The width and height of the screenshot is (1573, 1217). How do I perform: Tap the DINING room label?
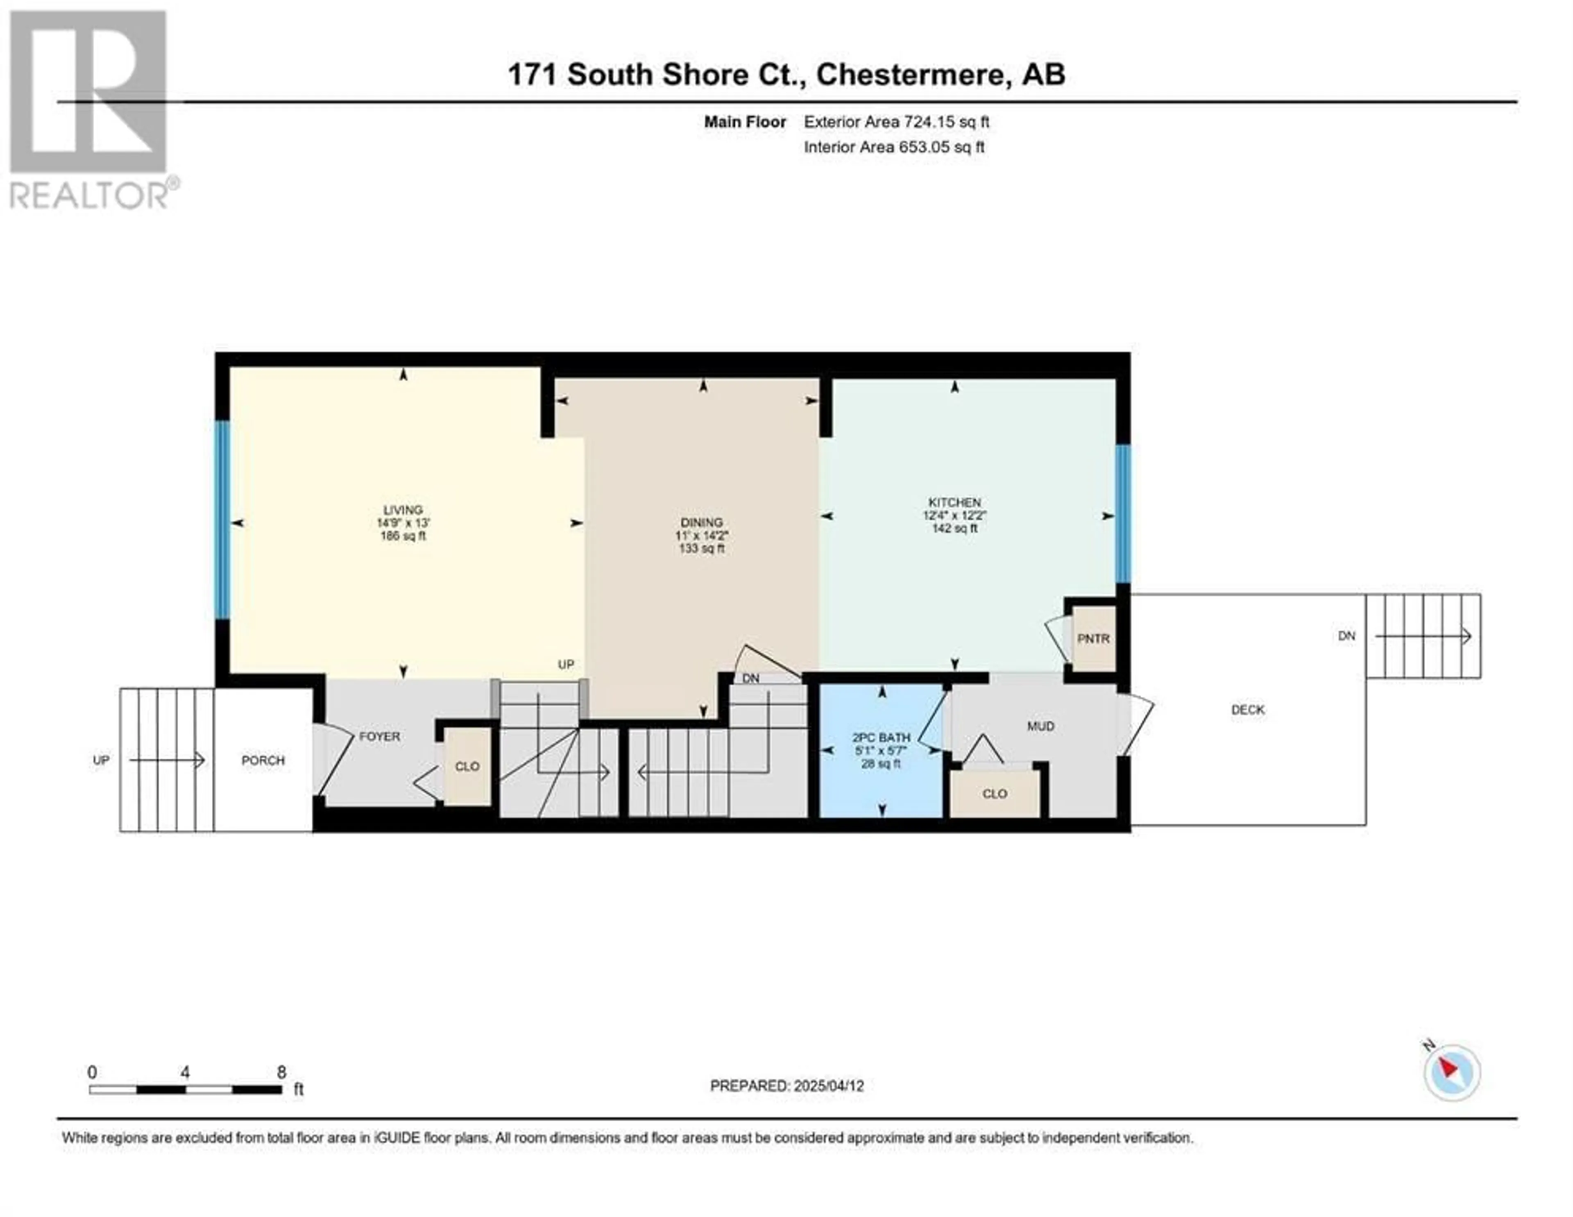(702, 522)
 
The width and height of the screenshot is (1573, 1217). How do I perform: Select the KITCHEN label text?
(954, 502)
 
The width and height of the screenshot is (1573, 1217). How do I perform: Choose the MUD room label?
(1041, 727)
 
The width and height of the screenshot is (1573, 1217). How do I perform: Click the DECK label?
(1247, 710)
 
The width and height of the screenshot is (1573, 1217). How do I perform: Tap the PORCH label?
(263, 760)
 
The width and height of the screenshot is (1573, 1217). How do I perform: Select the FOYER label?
(380, 736)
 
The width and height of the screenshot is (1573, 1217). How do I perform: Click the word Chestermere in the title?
(910, 74)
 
